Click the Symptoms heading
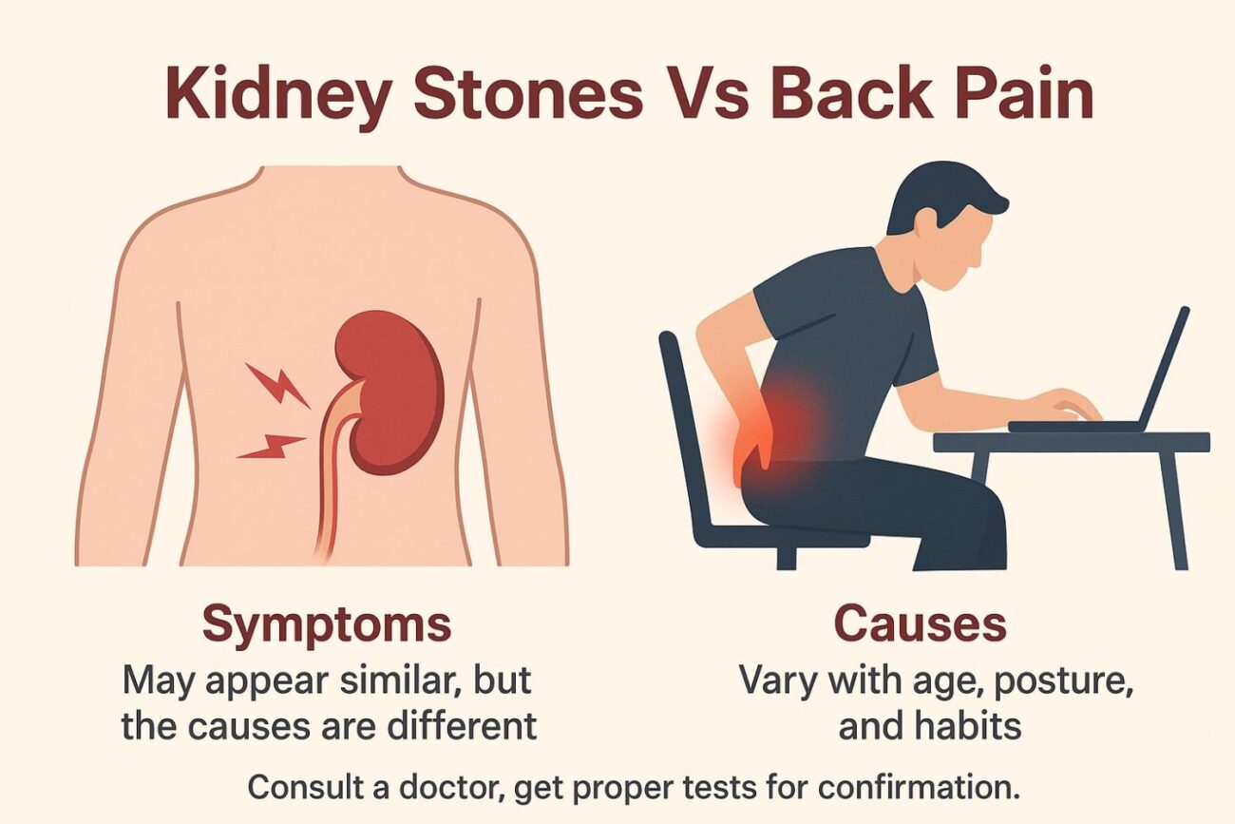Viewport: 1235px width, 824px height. (x=326, y=624)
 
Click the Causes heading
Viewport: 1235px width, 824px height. (x=919, y=624)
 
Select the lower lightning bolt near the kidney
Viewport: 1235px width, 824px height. (x=272, y=445)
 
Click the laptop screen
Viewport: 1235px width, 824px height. (x=1165, y=366)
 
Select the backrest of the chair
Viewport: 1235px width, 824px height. (x=682, y=418)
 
